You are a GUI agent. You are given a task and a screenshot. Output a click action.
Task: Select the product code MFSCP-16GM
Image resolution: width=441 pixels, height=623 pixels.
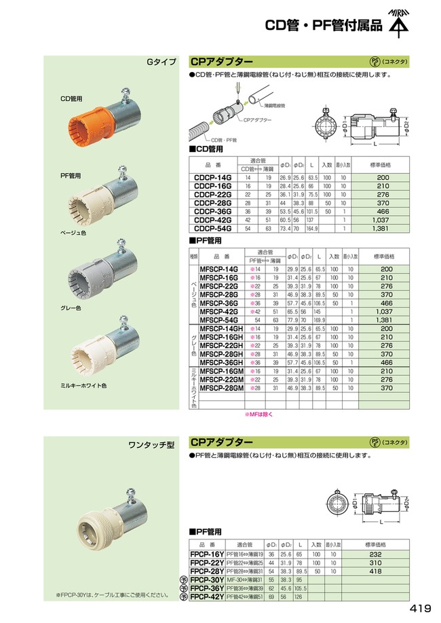tap(221, 372)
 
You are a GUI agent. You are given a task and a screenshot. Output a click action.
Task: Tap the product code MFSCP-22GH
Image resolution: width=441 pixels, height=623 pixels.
tap(221, 345)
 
